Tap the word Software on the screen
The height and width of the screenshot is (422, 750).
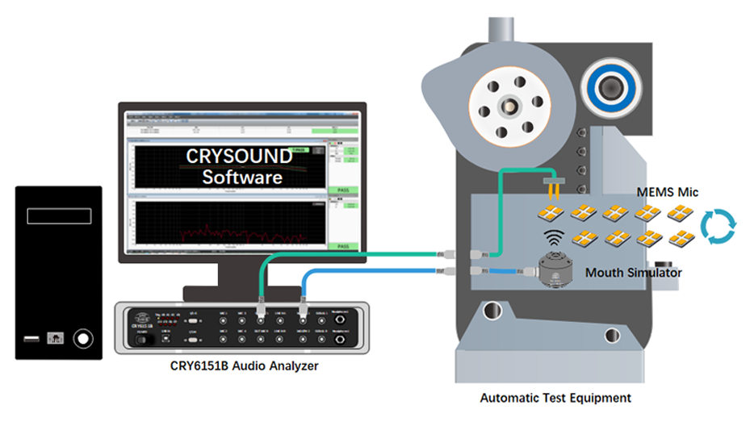pyautogui.click(x=242, y=177)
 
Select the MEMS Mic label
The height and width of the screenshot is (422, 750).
pyautogui.click(x=666, y=192)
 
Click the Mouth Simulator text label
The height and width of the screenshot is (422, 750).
pyautogui.click(x=634, y=273)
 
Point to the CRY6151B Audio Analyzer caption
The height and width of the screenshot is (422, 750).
pyautogui.click(x=245, y=366)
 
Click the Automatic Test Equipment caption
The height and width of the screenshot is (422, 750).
pyautogui.click(x=555, y=398)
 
